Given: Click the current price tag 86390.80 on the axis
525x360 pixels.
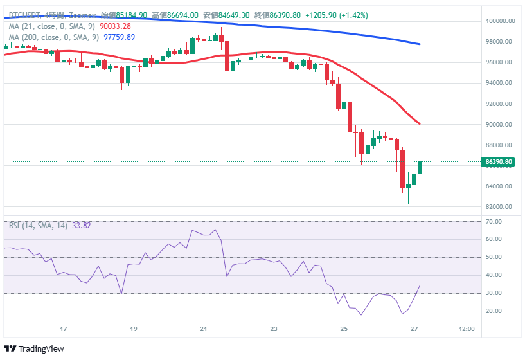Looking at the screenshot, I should [x=499, y=162].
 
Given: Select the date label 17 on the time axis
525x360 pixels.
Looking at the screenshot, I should [x=63, y=329].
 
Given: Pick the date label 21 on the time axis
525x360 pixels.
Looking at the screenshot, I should [x=203, y=329].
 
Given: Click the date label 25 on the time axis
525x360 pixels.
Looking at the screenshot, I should [x=344, y=329].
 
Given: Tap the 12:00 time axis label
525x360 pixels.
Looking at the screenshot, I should [x=467, y=329].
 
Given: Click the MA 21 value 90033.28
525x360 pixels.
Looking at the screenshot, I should [x=116, y=26].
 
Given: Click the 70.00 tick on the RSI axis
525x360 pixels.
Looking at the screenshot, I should [x=494, y=222].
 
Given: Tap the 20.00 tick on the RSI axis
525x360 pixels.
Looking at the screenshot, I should [x=494, y=311].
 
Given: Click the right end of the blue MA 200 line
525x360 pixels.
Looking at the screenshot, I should [x=420, y=44].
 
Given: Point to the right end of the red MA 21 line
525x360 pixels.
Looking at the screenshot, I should [x=420, y=123].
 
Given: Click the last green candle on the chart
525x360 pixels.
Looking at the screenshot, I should [x=420, y=167].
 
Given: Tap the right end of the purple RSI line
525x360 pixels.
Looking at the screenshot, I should [x=420, y=287].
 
